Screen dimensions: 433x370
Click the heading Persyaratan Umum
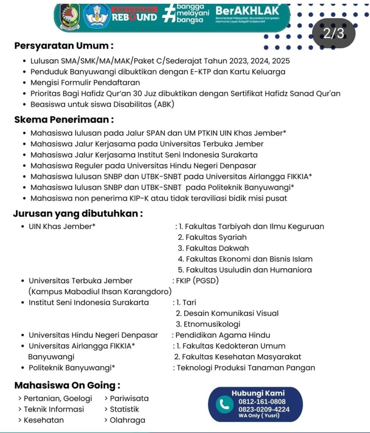pos(64,46)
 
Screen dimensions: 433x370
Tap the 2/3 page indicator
pos(333,33)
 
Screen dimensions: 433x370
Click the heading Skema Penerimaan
pos(64,120)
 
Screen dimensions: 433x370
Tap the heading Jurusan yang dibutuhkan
pos(77,214)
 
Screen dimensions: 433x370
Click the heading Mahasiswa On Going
pos(67,385)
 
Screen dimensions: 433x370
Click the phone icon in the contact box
pos(223,405)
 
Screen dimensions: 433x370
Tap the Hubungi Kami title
pos(258,393)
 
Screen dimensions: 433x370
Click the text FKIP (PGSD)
pos(197,281)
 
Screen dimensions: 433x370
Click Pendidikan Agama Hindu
pos(223,335)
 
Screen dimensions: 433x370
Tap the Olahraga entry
pos(127,420)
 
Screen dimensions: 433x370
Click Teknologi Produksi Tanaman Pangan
pos(246,367)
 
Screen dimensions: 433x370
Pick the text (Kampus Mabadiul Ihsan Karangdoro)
pos(100,291)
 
